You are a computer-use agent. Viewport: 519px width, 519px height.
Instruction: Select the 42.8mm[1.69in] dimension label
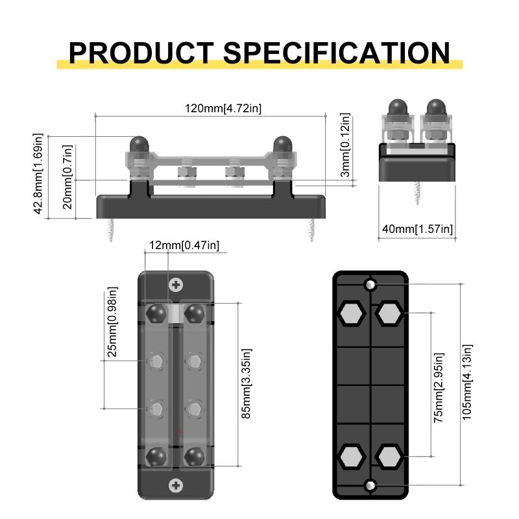[38, 174]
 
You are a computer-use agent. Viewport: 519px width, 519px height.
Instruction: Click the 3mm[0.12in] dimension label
[345, 145]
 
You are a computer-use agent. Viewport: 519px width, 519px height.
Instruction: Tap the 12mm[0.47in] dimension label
[184, 245]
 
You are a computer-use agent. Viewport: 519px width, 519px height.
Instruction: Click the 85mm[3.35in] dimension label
[247, 383]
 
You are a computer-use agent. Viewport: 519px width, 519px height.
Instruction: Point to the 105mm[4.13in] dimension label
[468, 383]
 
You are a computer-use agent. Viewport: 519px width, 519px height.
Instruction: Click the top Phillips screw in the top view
[175, 284]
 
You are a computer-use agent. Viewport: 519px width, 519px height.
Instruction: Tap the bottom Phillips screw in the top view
[175, 485]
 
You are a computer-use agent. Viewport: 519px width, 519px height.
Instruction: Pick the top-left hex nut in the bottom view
[351, 314]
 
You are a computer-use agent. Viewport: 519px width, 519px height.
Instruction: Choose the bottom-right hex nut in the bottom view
[389, 456]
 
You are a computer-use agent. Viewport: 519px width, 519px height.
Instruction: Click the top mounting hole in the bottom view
[370, 284]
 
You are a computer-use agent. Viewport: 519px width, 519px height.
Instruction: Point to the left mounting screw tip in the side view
[112, 230]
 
